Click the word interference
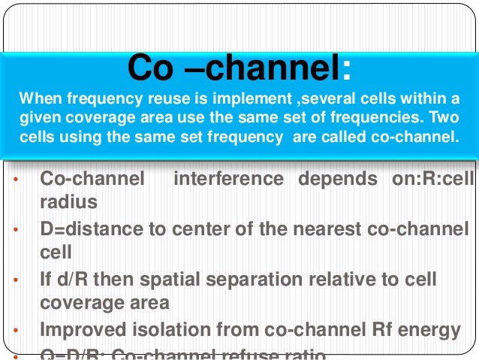click(x=228, y=180)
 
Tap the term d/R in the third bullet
click(x=67, y=280)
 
